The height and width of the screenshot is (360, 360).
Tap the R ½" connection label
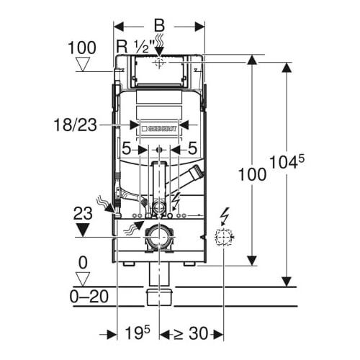135,48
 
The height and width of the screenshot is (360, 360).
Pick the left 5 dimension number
126,150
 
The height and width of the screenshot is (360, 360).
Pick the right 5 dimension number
192,150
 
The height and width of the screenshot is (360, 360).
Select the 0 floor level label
85,263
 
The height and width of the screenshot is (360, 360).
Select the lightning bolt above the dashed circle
225,214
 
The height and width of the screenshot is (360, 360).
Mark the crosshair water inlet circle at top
159,62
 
